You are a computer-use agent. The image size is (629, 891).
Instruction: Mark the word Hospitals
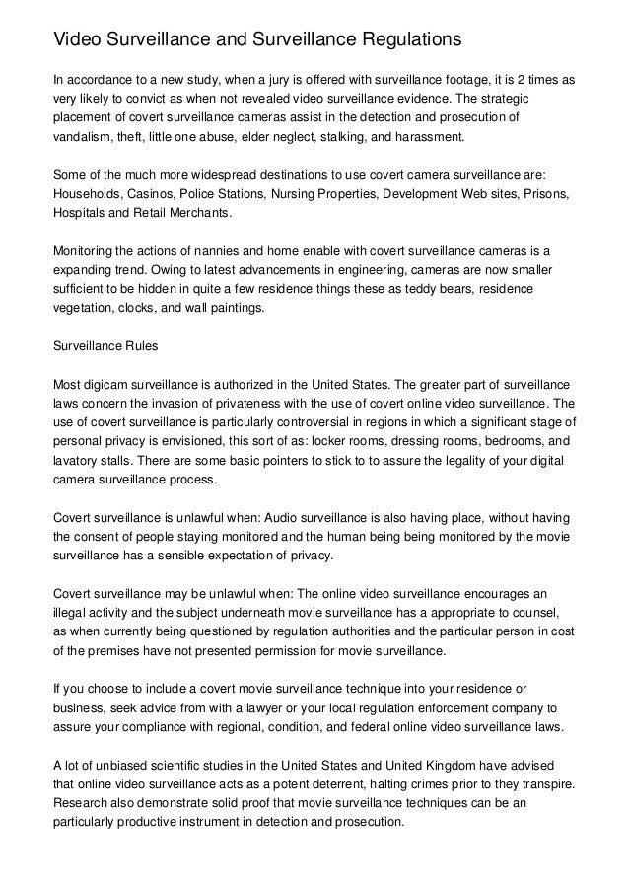click(82, 213)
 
